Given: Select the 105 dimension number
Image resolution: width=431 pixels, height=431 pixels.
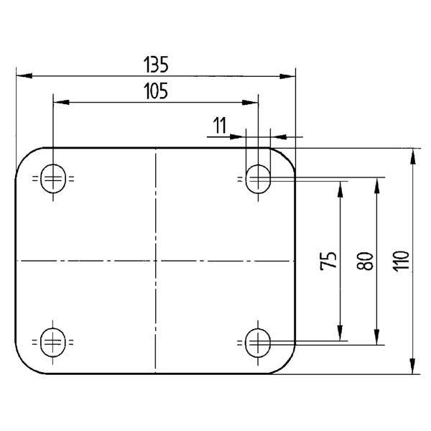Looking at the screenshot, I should pyautogui.click(x=155, y=91).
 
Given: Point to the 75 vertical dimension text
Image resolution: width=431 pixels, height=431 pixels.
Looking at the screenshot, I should pyautogui.click(x=328, y=260).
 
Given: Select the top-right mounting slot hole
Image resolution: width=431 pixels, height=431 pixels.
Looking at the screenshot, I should pyautogui.click(x=258, y=179).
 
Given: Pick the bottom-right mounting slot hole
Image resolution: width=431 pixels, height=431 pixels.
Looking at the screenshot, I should pyautogui.click(x=258, y=341).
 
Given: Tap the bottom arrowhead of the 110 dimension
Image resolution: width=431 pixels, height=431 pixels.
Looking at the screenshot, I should pyautogui.click(x=413, y=368).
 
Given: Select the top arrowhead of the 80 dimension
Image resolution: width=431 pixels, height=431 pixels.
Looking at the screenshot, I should pyautogui.click(x=376, y=182).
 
